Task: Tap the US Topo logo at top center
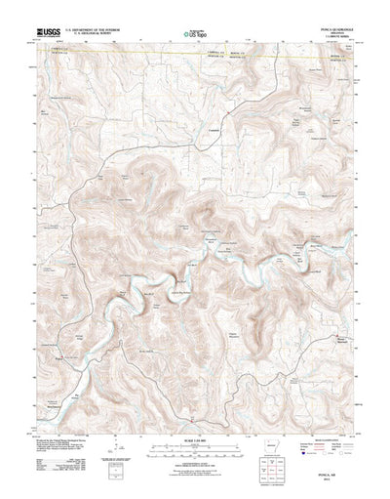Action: coord(195,35)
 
